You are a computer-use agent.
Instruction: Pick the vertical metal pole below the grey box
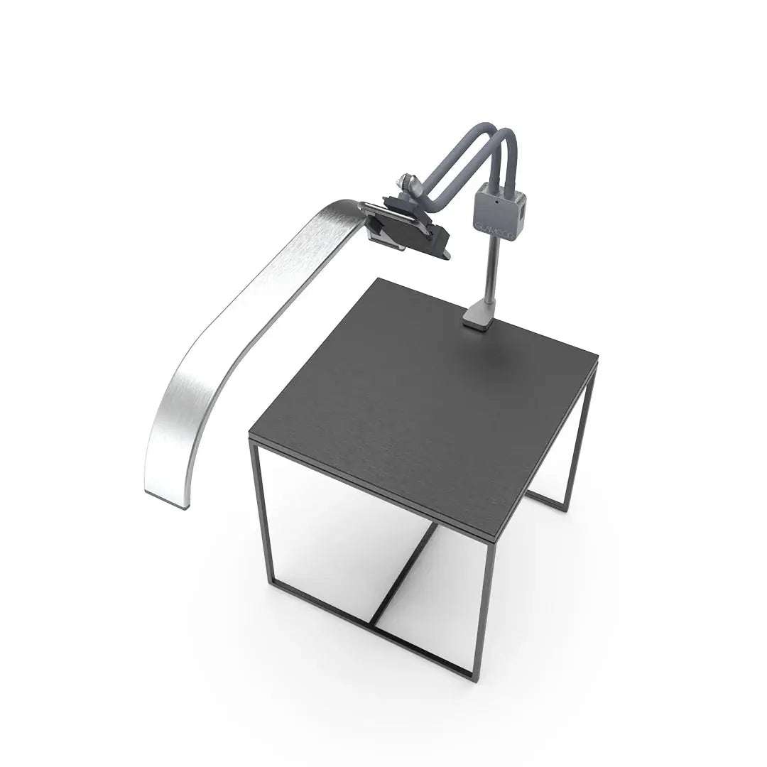click(489, 270)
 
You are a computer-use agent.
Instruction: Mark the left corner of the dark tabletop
click(250, 437)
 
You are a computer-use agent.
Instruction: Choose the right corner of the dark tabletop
click(599, 359)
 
